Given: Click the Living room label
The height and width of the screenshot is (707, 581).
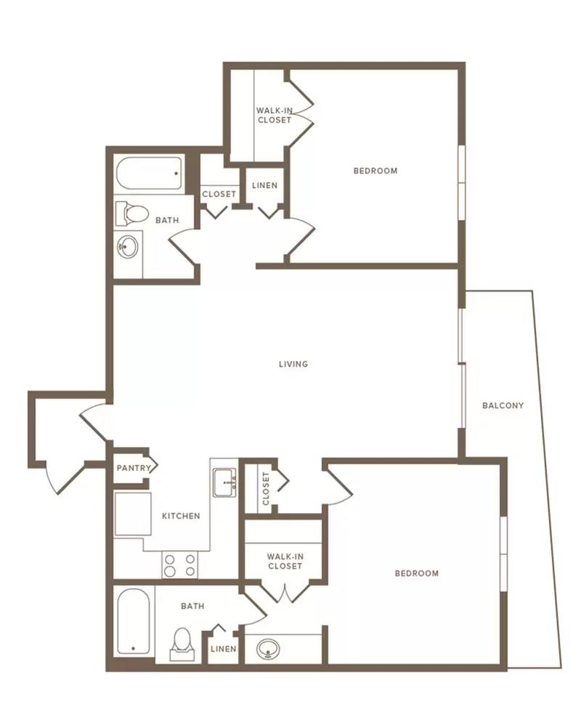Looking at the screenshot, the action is click(293, 364).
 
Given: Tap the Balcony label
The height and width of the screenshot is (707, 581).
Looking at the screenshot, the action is click(503, 405).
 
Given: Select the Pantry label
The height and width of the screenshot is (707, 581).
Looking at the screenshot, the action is click(134, 468).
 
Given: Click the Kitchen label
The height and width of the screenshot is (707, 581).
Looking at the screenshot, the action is click(181, 516).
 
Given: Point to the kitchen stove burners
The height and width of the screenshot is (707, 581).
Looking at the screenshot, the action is click(180, 565).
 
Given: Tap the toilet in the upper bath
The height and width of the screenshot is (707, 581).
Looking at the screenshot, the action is click(132, 214).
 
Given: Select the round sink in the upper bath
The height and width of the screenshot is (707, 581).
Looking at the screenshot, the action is click(128, 246).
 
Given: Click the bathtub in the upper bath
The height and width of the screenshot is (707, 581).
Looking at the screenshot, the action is click(149, 173).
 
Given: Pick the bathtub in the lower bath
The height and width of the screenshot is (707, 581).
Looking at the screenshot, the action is click(134, 622).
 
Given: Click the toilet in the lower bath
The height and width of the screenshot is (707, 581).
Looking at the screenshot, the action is click(182, 645).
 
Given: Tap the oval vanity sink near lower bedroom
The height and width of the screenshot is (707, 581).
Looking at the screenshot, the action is click(268, 650).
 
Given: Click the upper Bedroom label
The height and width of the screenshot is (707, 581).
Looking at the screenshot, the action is click(375, 171).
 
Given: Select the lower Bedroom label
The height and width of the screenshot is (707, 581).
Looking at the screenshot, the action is click(416, 573).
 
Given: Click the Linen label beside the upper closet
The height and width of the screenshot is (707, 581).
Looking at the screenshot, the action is click(264, 185).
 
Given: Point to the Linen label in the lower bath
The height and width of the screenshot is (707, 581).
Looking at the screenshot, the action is click(224, 649).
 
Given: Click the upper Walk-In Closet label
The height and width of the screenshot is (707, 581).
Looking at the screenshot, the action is click(274, 115).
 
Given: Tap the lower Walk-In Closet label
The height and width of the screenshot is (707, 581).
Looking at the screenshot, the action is click(285, 562).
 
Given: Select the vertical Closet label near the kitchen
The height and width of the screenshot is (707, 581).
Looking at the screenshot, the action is click(266, 488).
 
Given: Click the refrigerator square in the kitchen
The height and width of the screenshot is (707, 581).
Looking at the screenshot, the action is click(132, 514).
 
